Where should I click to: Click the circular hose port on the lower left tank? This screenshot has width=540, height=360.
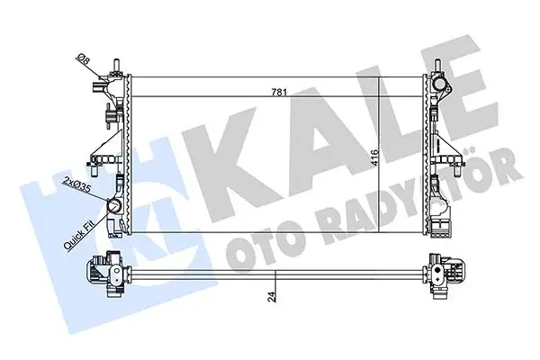114,206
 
